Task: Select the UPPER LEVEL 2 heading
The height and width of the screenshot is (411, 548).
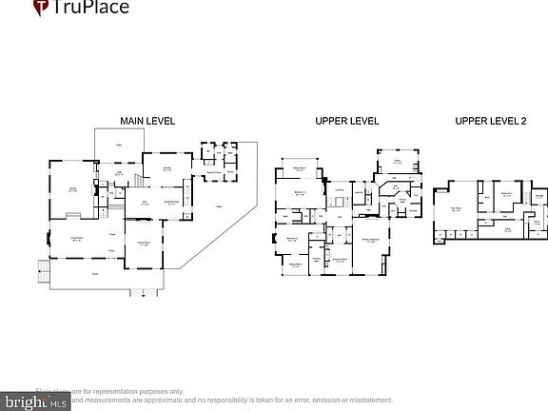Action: coord(488,121)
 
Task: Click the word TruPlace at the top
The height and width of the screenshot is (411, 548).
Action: coord(93,9)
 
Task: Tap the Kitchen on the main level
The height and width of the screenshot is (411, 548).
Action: coord(166,170)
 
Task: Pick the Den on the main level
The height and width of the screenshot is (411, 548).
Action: coord(145,203)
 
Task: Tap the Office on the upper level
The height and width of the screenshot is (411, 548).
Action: coord(397,163)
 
